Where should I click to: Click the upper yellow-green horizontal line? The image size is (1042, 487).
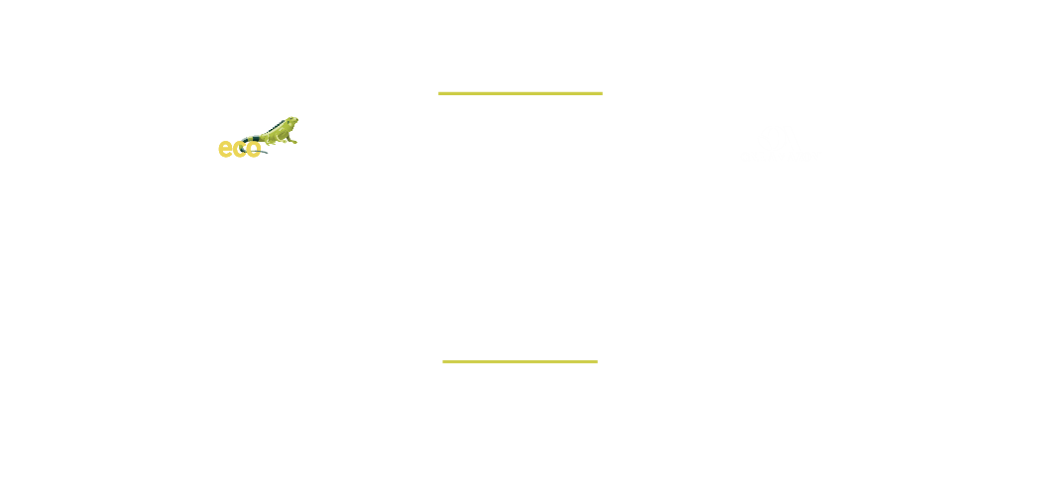pyautogui.click(x=521, y=93)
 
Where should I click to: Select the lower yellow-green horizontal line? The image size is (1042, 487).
pyautogui.click(x=520, y=361)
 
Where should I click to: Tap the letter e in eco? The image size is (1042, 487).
pyautogui.click(x=225, y=149)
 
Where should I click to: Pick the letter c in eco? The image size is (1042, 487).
pyautogui.click(x=239, y=149)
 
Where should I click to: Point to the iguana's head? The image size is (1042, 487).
pyautogui.click(x=291, y=121)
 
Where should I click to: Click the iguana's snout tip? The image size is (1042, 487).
pyautogui.click(x=297, y=120)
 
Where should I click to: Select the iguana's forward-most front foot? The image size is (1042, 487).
pyautogui.click(x=293, y=142)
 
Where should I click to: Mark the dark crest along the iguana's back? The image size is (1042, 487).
pyautogui.click(x=275, y=126)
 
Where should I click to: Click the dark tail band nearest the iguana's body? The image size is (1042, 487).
pyautogui.click(x=256, y=138)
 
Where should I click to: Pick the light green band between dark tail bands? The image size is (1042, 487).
pyautogui.click(x=250, y=139)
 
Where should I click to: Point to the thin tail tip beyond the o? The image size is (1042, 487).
pyautogui.click(x=264, y=152)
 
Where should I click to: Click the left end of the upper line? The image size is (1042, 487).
pyautogui.click(x=438, y=93)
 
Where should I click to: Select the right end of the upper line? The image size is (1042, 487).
pyautogui.click(x=602, y=93)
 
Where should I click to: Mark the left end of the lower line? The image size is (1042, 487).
pyautogui.click(x=442, y=361)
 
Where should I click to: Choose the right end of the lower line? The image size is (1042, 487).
pyautogui.click(x=598, y=361)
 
